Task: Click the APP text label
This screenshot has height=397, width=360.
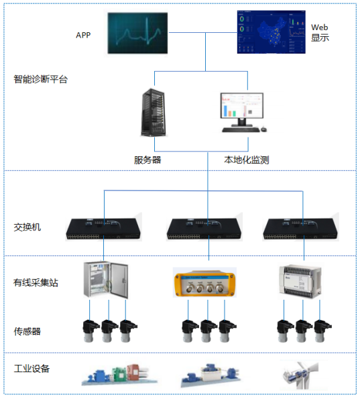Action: pyautogui.click(x=83, y=35)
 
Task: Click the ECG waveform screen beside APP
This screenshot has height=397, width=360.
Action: pyautogui.click(x=137, y=33)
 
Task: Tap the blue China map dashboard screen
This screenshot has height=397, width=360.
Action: pyautogui.click(x=271, y=32)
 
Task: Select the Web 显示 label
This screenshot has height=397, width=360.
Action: pyautogui.click(x=320, y=32)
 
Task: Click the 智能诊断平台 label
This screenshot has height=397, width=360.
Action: pyautogui.click(x=40, y=79)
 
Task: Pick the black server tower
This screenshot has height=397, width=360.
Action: pyautogui.click(x=154, y=113)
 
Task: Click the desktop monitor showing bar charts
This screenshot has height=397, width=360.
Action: pyautogui.click(x=242, y=109)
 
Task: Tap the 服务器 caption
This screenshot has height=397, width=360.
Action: pyautogui.click(x=147, y=160)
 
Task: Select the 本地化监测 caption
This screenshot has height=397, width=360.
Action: pyautogui.click(x=246, y=160)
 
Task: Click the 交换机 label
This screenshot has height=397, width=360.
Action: pyautogui.click(x=27, y=227)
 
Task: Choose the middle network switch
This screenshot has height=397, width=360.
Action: pyautogui.click(x=204, y=229)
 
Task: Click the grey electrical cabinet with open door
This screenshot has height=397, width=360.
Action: pyautogui.click(x=106, y=280)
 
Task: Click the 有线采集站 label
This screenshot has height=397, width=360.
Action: pyautogui.click(x=36, y=282)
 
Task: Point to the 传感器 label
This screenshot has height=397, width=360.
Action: pyautogui.click(x=27, y=331)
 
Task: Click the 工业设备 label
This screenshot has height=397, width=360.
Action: pyautogui.click(x=32, y=368)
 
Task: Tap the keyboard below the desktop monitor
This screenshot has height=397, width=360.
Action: pyautogui.click(x=241, y=130)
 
